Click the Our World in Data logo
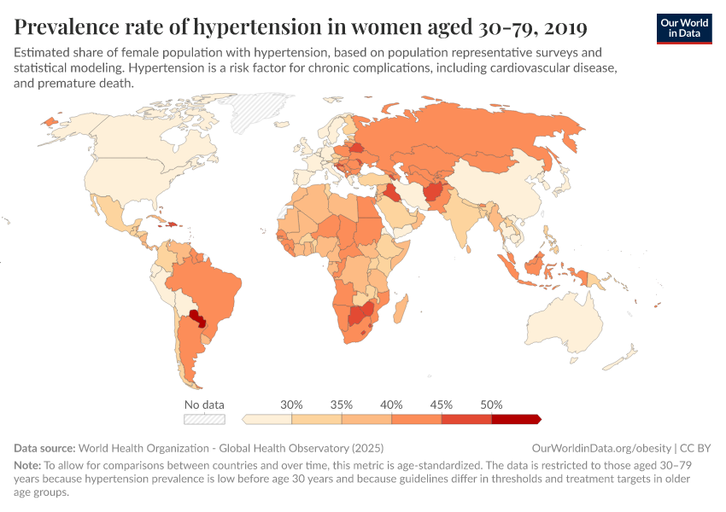(683, 28)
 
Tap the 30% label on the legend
(292, 404)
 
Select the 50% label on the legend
(491, 404)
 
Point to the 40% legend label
(391, 404)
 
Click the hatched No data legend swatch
(204, 419)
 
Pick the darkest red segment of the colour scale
(515, 419)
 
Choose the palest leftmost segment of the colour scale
(267, 419)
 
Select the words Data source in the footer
(44, 448)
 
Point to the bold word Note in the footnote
(27, 466)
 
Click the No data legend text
(204, 404)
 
